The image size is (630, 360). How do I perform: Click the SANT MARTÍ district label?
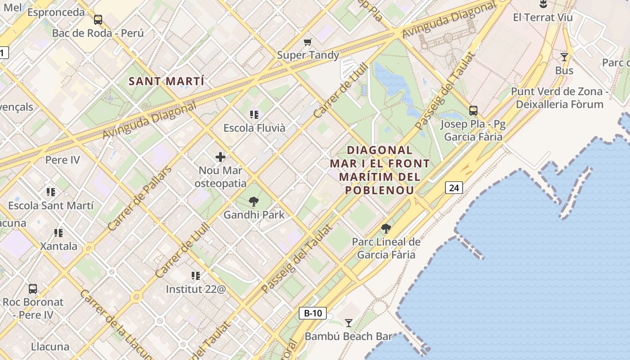pos(166,81)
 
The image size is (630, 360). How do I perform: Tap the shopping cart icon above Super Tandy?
pos(307,42)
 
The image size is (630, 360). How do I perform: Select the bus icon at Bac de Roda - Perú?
pos(98,20)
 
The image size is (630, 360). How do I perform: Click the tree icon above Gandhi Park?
pos(254,201)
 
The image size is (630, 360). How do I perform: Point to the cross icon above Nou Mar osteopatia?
pos(220,157)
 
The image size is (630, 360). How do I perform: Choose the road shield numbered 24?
pos(454,188)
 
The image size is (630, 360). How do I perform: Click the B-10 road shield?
pos(312,313)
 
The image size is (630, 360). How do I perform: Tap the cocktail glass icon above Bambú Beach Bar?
pos(348,323)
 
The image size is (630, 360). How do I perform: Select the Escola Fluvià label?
pos(254,128)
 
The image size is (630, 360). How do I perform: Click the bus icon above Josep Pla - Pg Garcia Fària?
pos(473,111)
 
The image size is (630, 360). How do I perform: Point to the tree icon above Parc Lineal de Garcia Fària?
pos(386,229)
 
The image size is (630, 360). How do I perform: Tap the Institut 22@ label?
pos(196,289)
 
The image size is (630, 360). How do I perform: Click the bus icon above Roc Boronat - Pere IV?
pos(33,288)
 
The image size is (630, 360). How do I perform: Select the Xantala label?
pos(58,246)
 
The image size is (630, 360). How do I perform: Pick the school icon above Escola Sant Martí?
pos(51,192)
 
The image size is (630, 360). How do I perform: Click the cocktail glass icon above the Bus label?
pos(564,57)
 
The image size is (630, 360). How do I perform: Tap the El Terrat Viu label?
pos(543,18)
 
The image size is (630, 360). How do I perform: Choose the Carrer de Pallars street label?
pos(140,198)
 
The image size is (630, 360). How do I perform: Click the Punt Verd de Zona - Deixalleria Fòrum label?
pos(559,98)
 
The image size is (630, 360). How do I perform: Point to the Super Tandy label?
pos(308,55)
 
